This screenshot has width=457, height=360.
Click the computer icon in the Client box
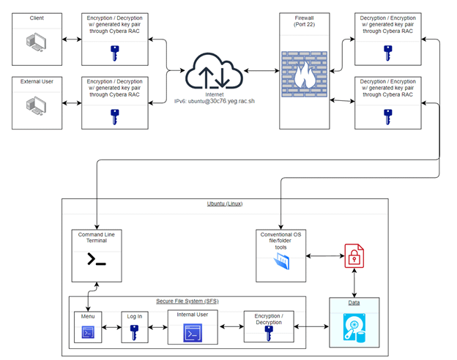37,41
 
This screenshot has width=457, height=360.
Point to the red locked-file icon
354,256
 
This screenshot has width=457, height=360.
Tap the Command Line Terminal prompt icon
96,259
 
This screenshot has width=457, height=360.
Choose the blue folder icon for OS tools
280,261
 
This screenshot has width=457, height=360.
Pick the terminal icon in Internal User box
193,334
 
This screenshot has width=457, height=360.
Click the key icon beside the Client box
114,53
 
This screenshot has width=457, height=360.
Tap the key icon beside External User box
114,116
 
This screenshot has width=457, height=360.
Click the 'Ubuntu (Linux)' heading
225,203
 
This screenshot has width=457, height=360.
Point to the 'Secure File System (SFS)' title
187,301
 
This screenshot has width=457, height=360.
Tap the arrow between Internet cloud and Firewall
261,71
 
